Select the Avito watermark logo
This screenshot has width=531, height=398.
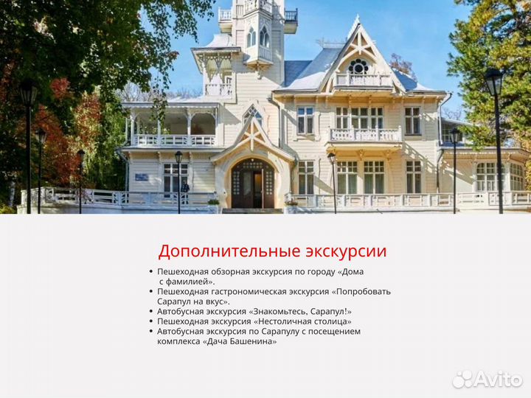[x=487, y=379]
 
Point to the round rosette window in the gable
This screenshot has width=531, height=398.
[x=358, y=67]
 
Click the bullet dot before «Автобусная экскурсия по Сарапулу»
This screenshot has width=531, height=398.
[x=151, y=332]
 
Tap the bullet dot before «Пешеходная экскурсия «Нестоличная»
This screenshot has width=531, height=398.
[x=151, y=321]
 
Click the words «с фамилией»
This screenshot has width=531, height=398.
[x=187, y=282]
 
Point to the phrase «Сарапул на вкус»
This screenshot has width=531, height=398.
[x=192, y=301]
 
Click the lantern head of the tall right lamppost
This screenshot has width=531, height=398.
[x=493, y=82]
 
